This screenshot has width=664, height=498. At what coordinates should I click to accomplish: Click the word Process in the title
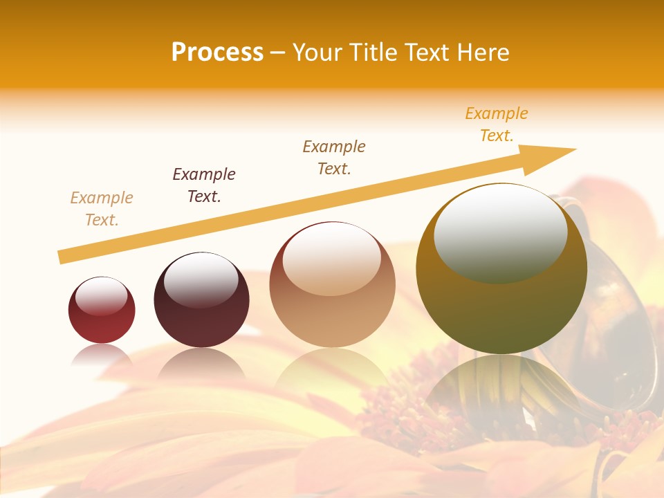(x=217, y=53)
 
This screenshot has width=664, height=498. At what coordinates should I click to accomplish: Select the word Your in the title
(x=318, y=53)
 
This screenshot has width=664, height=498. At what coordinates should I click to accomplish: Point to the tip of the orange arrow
(x=574, y=149)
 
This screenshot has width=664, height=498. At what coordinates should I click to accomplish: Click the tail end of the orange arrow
(x=60, y=257)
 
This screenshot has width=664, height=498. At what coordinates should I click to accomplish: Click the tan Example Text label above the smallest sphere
(x=102, y=209)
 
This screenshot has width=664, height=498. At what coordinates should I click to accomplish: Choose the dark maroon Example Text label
(x=204, y=185)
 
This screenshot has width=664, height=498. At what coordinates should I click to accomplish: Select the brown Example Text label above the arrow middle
(x=334, y=158)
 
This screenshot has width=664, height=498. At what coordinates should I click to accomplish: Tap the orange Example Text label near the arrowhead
(x=497, y=124)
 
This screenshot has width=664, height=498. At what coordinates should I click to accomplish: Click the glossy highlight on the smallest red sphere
(x=102, y=296)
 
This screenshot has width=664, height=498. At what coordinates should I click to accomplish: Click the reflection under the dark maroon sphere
(x=201, y=363)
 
